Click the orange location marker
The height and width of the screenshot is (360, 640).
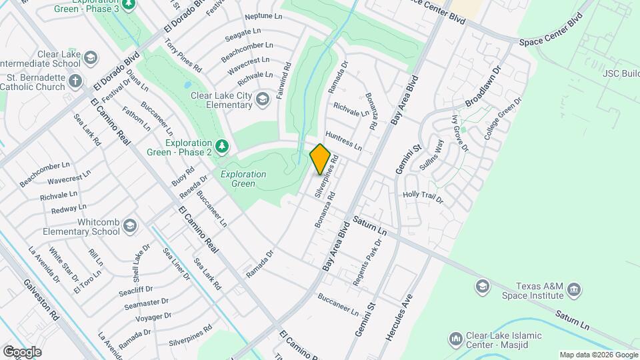pyautogui.click(x=320, y=159)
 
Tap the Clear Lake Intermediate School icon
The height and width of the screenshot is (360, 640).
pyautogui.click(x=91, y=59)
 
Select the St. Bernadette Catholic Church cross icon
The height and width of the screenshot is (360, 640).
pyautogui.click(x=75, y=81)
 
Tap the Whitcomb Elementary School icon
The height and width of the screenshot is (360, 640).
pyautogui.click(x=129, y=225)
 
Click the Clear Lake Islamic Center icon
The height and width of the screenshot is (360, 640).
pyautogui.click(x=455, y=339)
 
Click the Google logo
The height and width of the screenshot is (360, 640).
pyautogui.click(x=21, y=351)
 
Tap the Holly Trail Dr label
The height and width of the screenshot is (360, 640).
pyautogui.click(x=423, y=197)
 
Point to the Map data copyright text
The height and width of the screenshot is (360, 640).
pyautogui.click(x=597, y=355)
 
